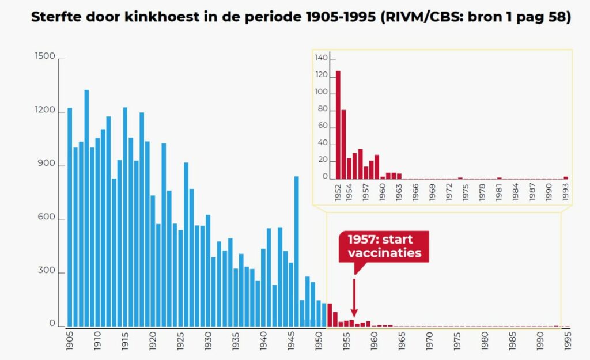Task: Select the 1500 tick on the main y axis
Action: coord(45,56)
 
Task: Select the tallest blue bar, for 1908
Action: coord(86,207)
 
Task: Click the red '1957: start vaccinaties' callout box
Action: coord(384,247)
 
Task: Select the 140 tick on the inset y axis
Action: coord(322,58)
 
